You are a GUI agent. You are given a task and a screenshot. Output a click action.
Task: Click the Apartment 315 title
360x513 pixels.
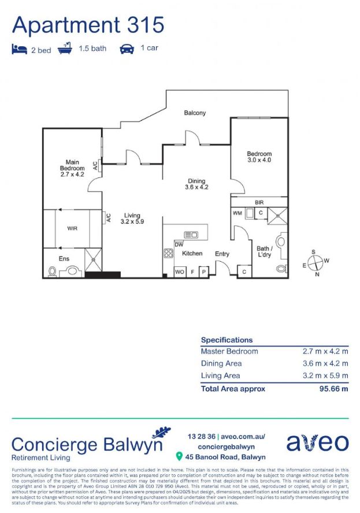coord(88,25)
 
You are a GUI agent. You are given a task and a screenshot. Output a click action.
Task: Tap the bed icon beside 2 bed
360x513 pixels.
coord(19,49)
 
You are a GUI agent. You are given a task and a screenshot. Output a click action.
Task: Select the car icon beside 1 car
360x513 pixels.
coord(127,49)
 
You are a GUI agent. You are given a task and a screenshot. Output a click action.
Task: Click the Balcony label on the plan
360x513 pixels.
coord(195,113)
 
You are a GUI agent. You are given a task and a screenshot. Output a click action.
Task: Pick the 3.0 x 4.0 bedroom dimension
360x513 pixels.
coord(259,160)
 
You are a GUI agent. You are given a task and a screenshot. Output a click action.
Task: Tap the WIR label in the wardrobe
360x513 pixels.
coord(72,228)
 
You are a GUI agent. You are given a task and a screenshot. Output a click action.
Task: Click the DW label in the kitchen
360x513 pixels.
coord(179,245)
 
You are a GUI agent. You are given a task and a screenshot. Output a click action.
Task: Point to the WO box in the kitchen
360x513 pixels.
coord(180,272)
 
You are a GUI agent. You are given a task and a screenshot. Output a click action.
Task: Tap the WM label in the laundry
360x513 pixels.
coord(237,213)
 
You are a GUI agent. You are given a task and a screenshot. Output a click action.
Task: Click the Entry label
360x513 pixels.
coord(222,254)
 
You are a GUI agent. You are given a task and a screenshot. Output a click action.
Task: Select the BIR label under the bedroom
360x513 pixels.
coord(259,202)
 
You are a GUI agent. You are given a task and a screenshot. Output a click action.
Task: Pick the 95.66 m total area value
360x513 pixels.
coord(334,389)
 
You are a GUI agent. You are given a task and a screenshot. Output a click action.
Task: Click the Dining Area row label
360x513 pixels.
coord(221,363)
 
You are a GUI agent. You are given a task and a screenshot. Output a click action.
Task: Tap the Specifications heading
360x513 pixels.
coord(227,340)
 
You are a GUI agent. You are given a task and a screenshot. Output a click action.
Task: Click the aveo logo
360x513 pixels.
coord(317,442)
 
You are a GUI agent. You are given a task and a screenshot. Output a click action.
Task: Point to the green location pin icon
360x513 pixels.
coord(179,457)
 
